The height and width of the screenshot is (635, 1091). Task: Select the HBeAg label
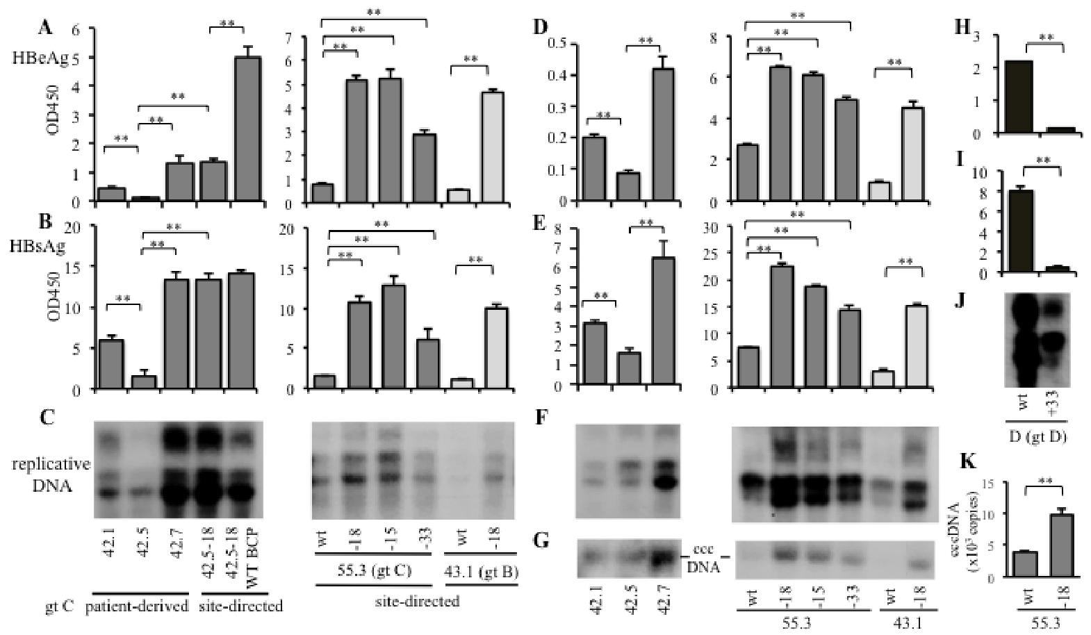(40, 60)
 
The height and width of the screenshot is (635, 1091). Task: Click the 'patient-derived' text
(136, 606)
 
